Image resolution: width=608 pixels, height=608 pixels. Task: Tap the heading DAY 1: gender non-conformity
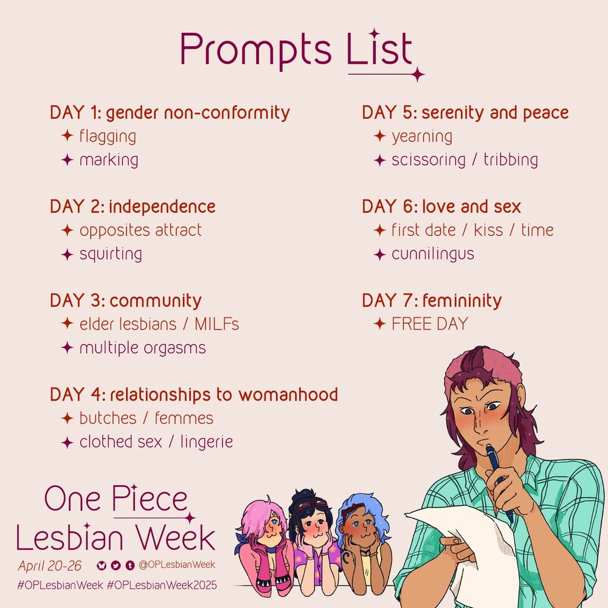tap(170, 113)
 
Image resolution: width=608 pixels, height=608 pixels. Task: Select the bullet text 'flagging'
tap(108, 136)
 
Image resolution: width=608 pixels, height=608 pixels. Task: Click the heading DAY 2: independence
tap(133, 207)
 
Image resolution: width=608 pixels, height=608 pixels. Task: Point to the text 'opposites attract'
tap(140, 230)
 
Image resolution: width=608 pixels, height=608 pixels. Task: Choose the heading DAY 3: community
tap(125, 301)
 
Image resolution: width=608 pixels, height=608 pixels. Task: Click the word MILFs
tap(216, 324)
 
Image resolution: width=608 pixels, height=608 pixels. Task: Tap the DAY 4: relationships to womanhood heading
tap(193, 395)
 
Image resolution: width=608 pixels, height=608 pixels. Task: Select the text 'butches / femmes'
tap(147, 418)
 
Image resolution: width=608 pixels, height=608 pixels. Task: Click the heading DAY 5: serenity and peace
tap(465, 113)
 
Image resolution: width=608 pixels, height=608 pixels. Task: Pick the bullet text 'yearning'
tap(422, 136)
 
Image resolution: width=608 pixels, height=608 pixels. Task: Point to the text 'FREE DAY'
tap(430, 324)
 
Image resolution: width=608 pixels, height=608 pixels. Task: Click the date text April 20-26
tap(50, 565)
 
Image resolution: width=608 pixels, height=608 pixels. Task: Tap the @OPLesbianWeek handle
tap(177, 565)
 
